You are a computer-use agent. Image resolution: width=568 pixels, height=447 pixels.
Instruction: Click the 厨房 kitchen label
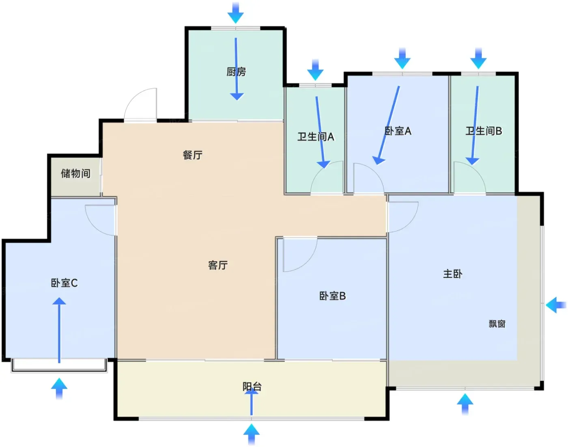[236, 71]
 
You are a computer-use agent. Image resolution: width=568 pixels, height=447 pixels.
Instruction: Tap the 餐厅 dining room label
[193, 155]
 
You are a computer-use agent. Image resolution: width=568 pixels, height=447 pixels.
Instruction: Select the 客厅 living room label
[218, 265]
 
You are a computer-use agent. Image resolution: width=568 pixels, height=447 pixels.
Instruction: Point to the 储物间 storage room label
[76, 173]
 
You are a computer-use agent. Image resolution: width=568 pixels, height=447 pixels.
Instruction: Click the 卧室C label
[64, 283]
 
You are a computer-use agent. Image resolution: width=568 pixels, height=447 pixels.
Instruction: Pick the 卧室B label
[332, 296]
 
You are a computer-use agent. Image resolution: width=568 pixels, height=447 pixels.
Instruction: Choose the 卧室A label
[398, 131]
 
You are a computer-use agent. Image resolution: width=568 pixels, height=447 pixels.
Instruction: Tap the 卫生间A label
[316, 136]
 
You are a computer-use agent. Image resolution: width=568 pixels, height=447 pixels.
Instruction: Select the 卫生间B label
[484, 131]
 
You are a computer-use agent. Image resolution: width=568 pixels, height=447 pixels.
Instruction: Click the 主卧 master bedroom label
[453, 274]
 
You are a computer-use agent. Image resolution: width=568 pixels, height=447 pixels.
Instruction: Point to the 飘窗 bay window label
[497, 324]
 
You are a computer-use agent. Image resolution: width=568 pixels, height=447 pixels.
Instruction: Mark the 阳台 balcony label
[252, 387]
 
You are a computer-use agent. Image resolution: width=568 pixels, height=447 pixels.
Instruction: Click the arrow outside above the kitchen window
[236, 13]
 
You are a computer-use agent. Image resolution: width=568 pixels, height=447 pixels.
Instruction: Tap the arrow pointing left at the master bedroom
[556, 305]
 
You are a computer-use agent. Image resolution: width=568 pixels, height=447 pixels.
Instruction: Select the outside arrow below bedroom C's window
[59, 389]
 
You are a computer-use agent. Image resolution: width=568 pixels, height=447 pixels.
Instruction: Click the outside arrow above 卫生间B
[478, 58]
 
